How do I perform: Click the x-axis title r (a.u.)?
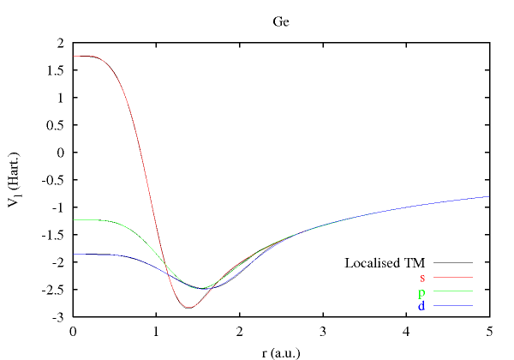[281, 351]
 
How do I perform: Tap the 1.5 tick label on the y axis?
[56, 70]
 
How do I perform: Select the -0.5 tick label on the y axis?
[54, 180]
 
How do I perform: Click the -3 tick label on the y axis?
[59, 317]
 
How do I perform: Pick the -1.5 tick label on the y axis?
[54, 235]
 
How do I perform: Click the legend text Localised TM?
[385, 262]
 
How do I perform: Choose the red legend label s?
[422, 277]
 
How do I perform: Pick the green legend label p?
[421, 291]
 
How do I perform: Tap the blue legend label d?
[421, 305]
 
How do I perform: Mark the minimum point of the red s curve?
[188, 308]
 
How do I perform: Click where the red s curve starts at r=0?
[75, 56]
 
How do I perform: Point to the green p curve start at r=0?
[75, 220]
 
